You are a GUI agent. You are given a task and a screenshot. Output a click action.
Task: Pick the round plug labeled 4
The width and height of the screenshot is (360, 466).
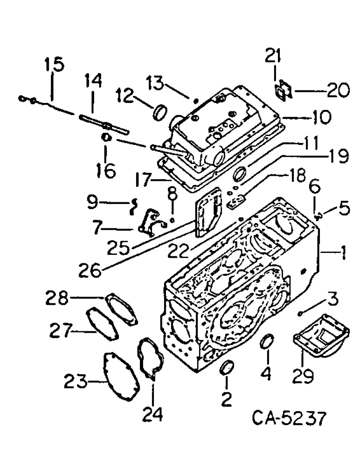pos(266,341)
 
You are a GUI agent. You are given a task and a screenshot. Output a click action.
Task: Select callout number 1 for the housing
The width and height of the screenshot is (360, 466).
pos(343,254)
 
